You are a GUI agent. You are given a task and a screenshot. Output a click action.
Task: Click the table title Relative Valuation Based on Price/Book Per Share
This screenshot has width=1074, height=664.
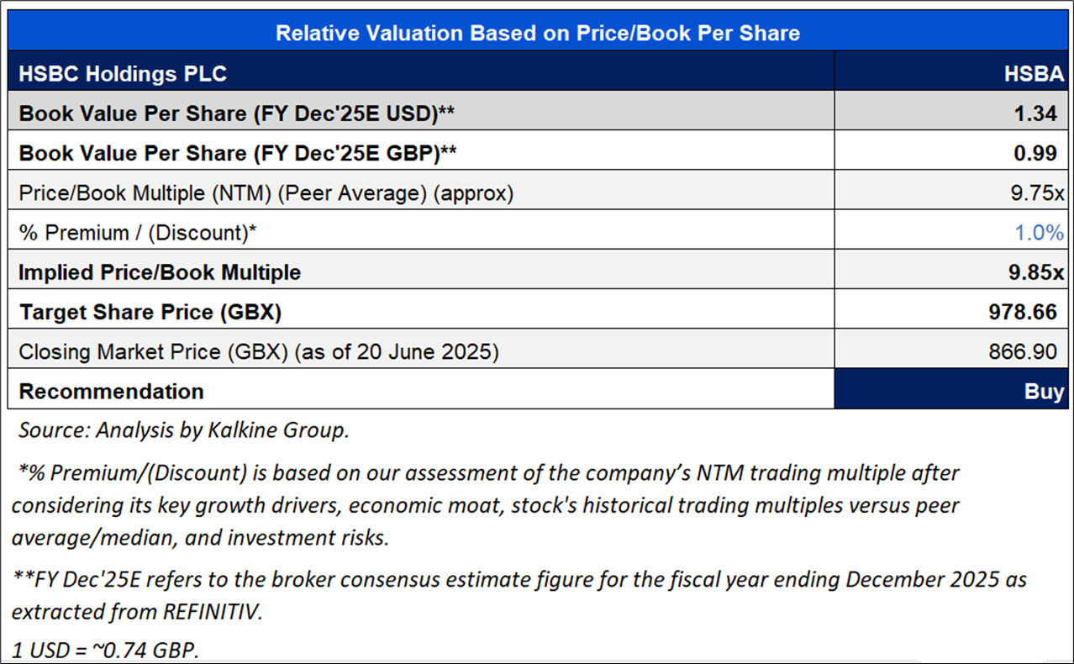click(538, 34)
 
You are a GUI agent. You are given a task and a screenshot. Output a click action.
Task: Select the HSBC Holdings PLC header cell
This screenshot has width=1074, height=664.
click(123, 74)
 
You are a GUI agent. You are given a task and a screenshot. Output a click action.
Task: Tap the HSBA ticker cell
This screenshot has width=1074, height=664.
click(1034, 74)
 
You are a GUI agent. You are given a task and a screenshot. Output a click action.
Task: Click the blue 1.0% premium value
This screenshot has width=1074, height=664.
click(1040, 233)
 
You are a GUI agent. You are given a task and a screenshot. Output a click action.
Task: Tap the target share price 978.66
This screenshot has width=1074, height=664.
click(1022, 313)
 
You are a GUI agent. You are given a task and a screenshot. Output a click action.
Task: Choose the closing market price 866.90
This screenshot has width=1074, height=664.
click(1022, 352)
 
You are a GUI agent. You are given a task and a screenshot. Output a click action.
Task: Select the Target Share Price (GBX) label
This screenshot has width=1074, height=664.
click(150, 313)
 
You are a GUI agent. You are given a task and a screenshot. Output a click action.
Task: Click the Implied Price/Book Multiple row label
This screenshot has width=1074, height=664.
click(160, 272)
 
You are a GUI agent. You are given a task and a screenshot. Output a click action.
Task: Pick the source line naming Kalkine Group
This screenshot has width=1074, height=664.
click(183, 430)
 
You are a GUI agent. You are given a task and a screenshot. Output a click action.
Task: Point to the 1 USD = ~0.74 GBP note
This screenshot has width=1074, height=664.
click(107, 651)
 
